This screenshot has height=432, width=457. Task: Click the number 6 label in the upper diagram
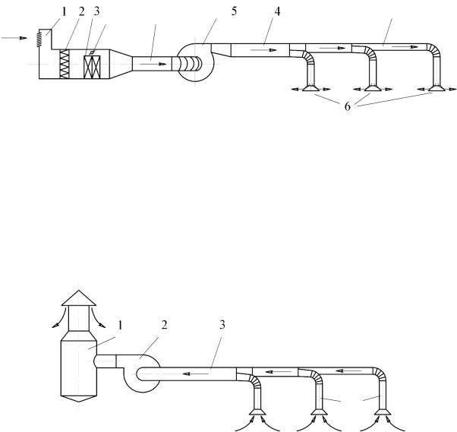347,107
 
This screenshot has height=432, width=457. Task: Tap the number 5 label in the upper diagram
235,11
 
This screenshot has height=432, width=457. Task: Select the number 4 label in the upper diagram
277,11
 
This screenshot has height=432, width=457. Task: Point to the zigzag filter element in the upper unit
65,64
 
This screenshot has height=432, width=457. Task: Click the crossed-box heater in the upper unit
92,67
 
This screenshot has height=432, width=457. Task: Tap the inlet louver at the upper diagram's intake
39,39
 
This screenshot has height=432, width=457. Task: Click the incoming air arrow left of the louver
14,38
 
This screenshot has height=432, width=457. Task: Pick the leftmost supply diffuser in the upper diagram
310,89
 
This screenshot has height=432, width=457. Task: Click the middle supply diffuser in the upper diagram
373,89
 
